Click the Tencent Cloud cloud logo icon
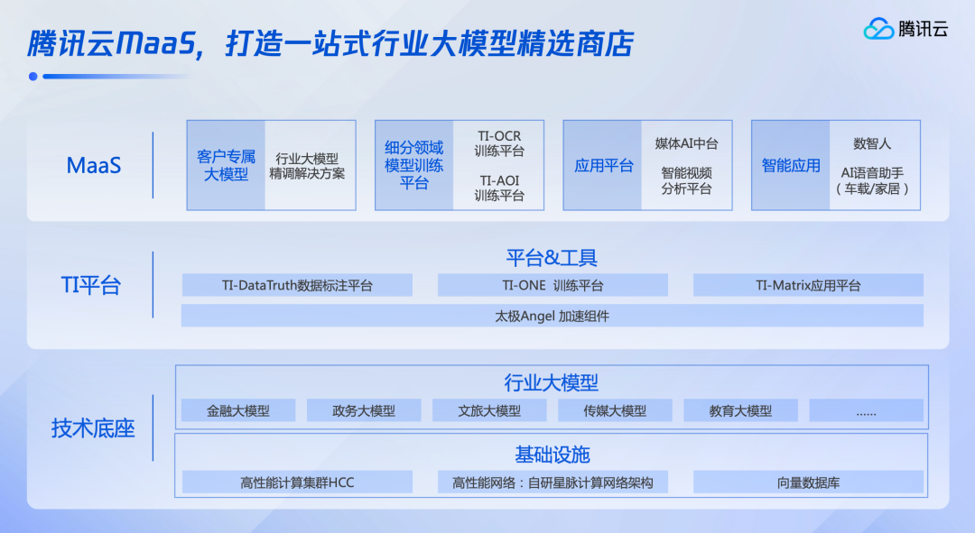[x=878, y=29]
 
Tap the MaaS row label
[x=94, y=166]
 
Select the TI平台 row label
[x=91, y=285]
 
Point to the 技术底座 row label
[x=93, y=428]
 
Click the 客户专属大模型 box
[x=227, y=165]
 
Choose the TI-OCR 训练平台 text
[x=499, y=143]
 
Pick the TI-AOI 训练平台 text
[x=499, y=188]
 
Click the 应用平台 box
[x=603, y=165]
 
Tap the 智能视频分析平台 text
[x=686, y=180]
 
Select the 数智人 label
[x=872, y=143]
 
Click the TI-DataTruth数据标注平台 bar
[x=297, y=285]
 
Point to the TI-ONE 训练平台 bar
[x=552, y=285]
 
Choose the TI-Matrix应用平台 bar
[x=808, y=285]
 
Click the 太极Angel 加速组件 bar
[x=552, y=316]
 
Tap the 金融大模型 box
[x=238, y=410]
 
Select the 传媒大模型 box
[x=615, y=410]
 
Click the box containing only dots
[x=866, y=410]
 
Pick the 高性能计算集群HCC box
[x=297, y=482]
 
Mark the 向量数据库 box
[x=808, y=482]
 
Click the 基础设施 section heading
[x=552, y=455]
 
